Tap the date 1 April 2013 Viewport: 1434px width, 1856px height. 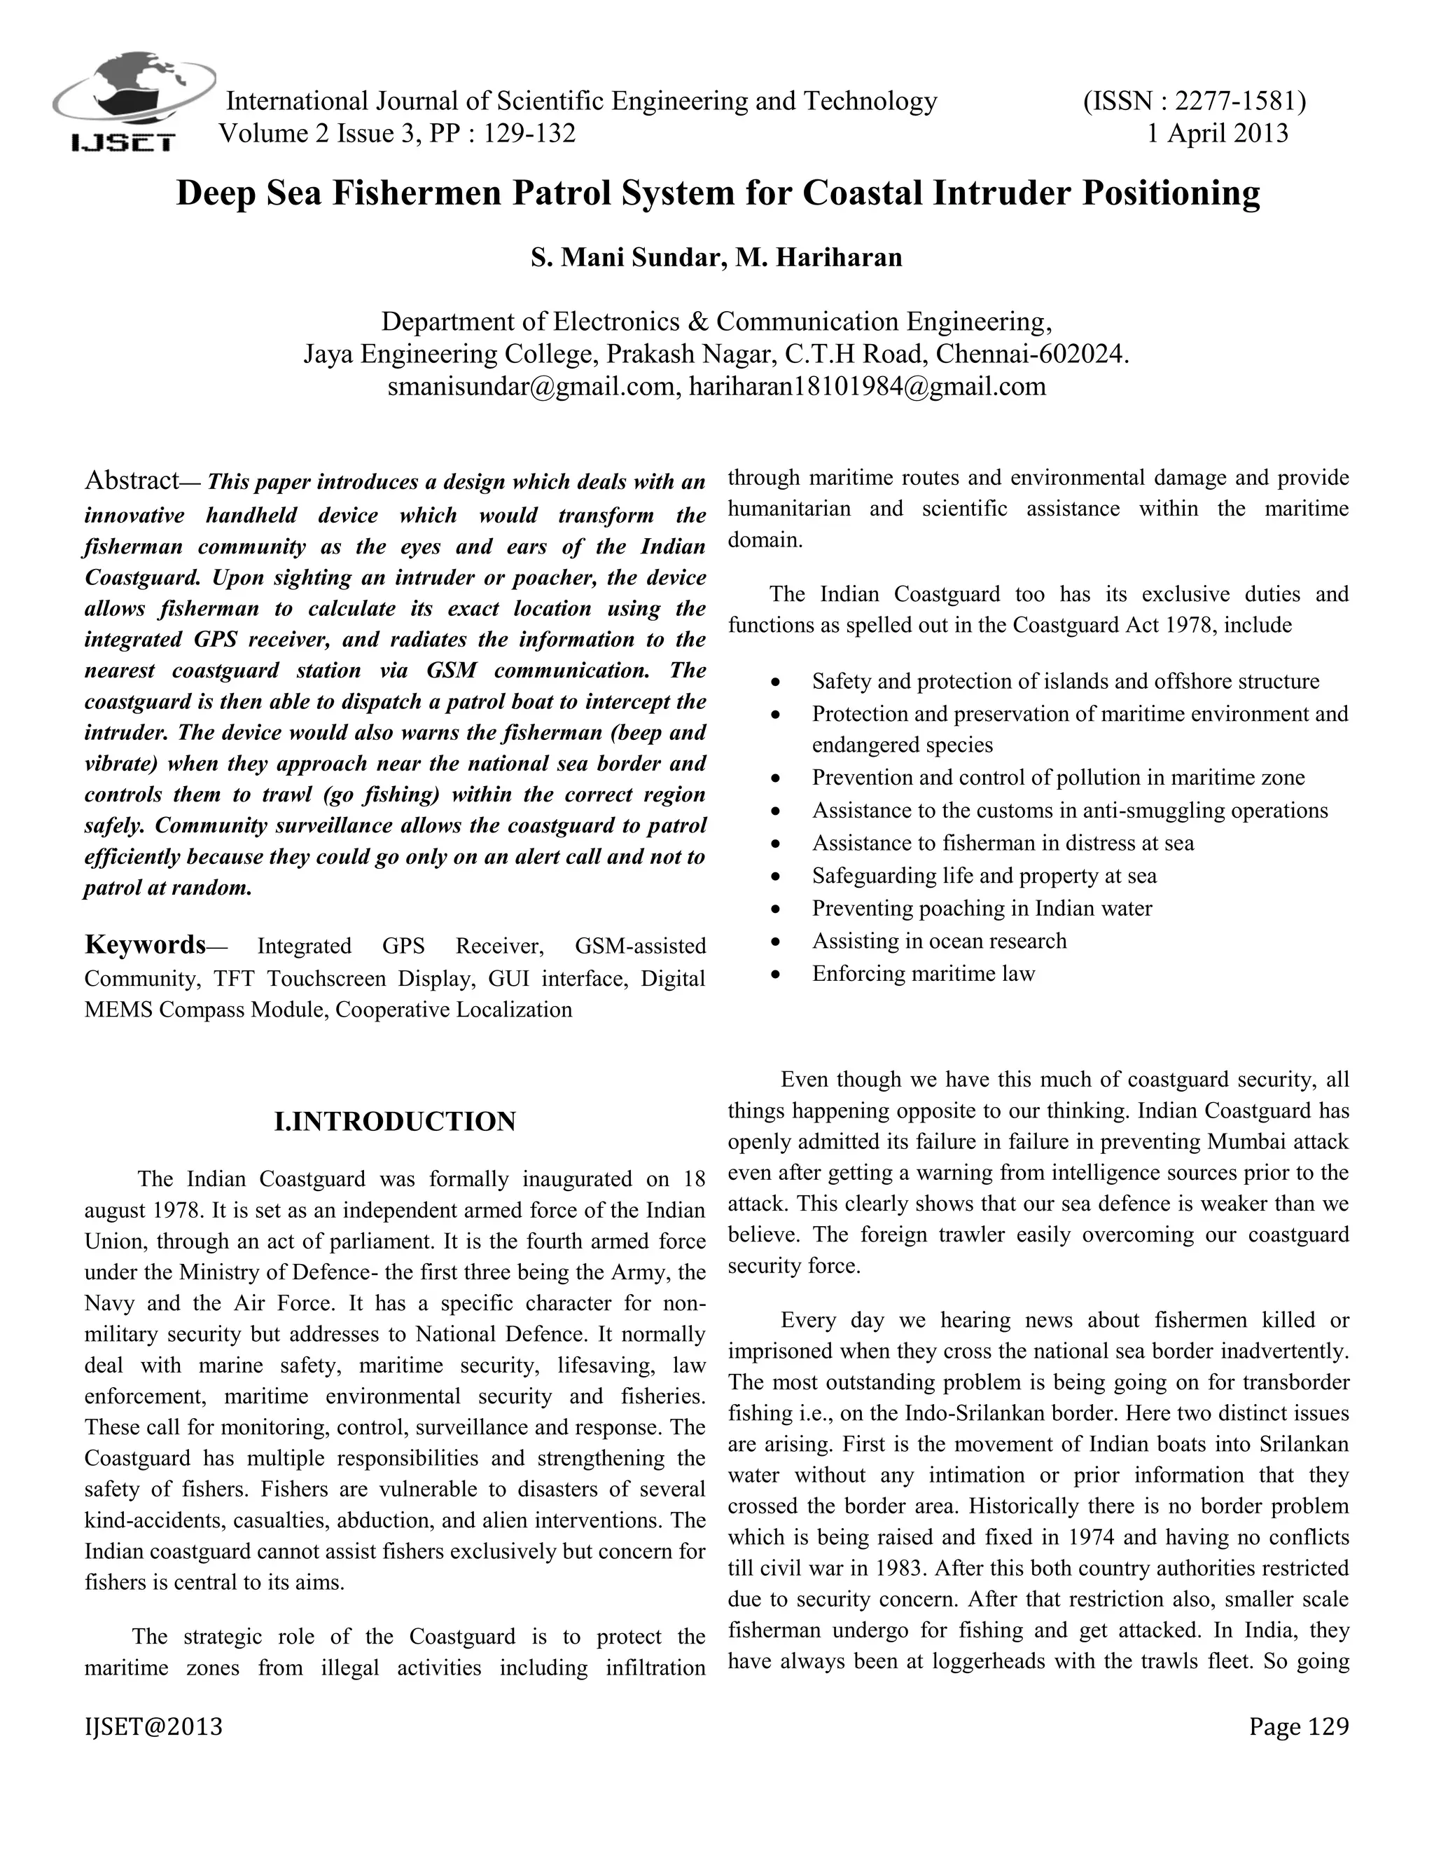point(1218,133)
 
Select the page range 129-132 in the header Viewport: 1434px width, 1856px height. point(529,133)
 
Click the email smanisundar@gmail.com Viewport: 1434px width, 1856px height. point(534,387)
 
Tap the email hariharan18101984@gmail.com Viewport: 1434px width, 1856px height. point(868,387)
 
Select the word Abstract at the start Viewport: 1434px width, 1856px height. point(131,481)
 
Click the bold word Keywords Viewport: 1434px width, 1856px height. point(144,944)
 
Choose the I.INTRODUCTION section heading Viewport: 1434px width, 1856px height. point(395,1122)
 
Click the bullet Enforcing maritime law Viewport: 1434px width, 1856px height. point(923,974)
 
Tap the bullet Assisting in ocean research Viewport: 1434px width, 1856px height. point(939,941)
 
